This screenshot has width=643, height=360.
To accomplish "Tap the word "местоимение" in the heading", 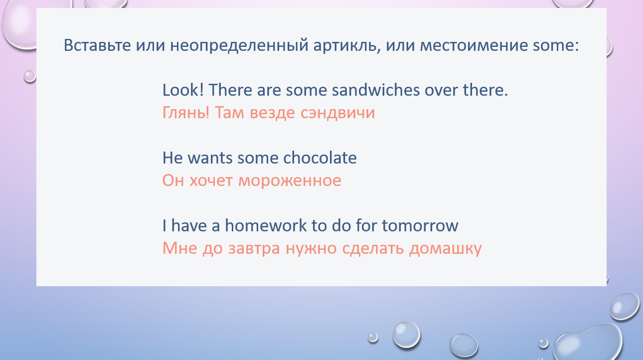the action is (474, 45).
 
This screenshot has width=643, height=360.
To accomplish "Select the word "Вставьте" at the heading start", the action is (97, 45).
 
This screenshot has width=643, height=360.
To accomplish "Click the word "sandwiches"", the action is (376, 90).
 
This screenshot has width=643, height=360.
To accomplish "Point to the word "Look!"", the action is (183, 90).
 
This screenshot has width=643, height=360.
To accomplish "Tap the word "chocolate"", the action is (320, 158).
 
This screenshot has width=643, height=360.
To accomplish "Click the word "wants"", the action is (210, 158).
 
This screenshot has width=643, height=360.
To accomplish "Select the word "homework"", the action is (266, 225).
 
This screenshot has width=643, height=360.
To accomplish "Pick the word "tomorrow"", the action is (420, 226).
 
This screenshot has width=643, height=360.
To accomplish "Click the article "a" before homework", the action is (215, 226).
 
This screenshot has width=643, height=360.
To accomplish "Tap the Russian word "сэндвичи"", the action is (337, 113).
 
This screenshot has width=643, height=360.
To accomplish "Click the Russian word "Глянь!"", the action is (186, 112).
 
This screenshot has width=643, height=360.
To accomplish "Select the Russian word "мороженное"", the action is (290, 181).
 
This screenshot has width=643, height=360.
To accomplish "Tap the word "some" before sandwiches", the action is (306, 90).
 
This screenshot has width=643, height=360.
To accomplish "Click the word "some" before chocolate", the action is (258, 158).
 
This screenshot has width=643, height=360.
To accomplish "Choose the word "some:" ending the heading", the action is (556, 46).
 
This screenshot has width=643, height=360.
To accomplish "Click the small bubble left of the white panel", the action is (30, 76).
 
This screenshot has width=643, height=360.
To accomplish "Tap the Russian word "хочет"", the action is (211, 181).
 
